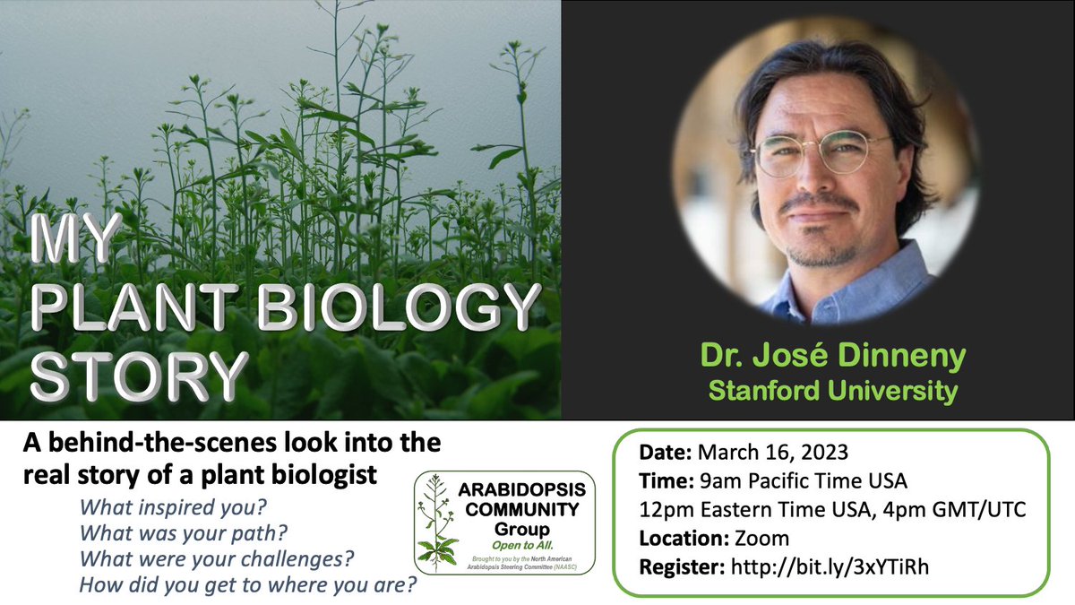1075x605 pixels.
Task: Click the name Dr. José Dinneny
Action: point(833,358)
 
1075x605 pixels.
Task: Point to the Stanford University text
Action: point(833,390)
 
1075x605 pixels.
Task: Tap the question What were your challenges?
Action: point(217,561)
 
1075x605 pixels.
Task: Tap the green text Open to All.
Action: point(521,545)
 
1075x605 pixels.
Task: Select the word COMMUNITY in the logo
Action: point(522,510)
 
